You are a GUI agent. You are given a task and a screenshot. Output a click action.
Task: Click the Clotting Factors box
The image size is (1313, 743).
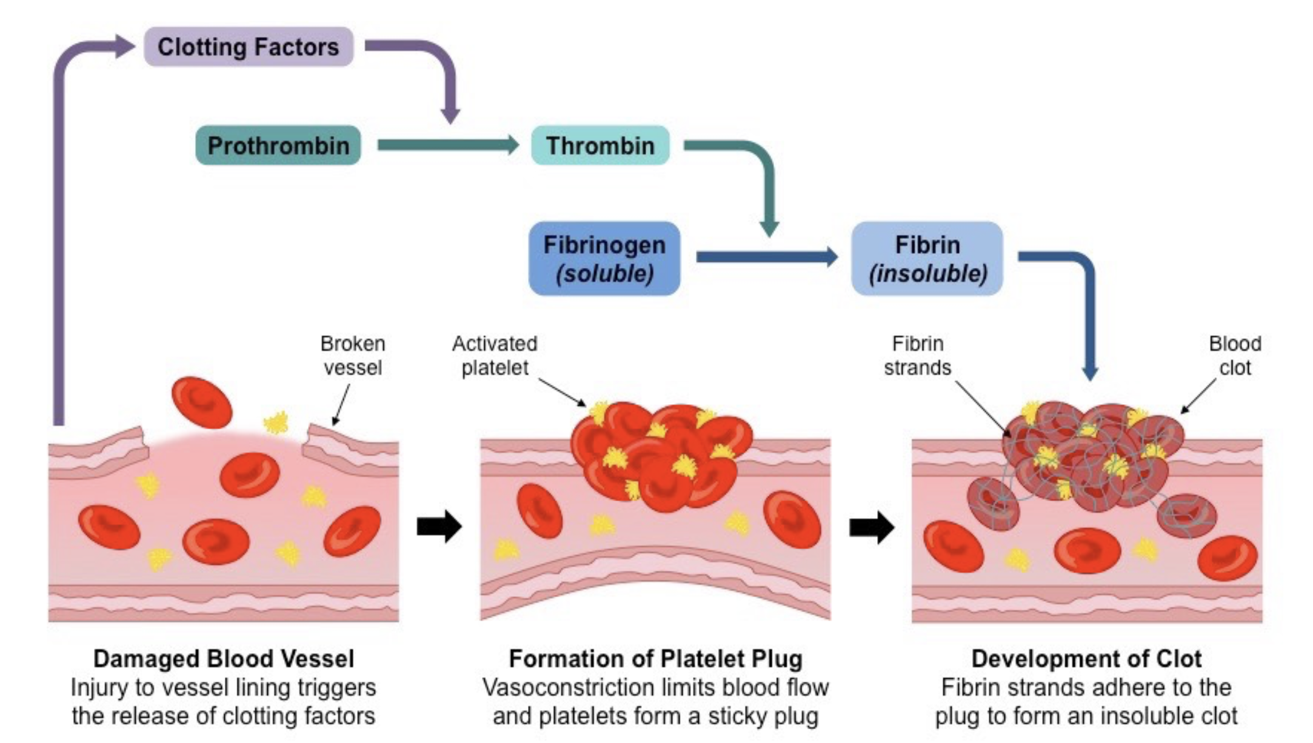(x=249, y=47)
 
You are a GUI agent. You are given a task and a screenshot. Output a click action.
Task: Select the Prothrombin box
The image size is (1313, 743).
(x=278, y=145)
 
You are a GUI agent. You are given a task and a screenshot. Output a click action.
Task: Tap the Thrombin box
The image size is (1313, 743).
(x=600, y=145)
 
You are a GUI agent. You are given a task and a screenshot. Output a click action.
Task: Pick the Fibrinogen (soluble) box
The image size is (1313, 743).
(x=604, y=259)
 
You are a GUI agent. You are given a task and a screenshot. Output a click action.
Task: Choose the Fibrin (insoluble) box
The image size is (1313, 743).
(x=927, y=259)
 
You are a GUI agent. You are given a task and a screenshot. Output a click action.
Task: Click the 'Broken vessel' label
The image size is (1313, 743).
(x=353, y=356)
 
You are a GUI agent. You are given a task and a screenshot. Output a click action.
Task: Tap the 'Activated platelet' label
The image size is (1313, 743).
(x=495, y=356)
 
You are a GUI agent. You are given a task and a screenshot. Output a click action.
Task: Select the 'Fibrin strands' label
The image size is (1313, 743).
(x=917, y=356)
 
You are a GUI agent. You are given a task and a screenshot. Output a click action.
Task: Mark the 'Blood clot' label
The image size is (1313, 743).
(x=1235, y=356)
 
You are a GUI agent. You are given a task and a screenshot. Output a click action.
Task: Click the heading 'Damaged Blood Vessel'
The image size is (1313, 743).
(x=224, y=659)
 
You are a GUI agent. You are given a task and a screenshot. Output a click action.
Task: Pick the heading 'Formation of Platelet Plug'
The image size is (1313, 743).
(x=655, y=659)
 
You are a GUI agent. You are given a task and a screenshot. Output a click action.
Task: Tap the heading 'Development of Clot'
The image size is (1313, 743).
(x=1086, y=659)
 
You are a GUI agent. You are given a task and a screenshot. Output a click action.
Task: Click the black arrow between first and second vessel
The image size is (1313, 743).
(x=439, y=526)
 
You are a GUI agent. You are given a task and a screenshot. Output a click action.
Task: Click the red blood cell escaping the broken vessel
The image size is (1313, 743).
(x=202, y=402)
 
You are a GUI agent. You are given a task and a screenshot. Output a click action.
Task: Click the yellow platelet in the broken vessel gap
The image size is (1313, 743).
(x=276, y=422)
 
